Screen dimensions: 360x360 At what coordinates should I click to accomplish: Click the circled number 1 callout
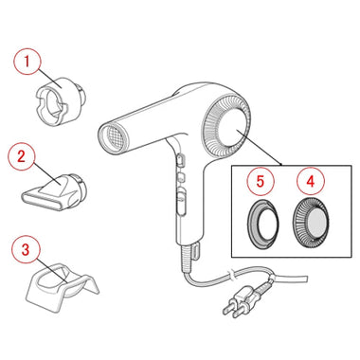click(x=27, y=61)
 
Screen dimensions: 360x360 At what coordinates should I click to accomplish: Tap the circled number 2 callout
click(x=22, y=156)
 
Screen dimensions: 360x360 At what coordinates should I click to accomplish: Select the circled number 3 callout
click(x=26, y=249)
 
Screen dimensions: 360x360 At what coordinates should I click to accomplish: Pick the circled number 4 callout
click(x=311, y=181)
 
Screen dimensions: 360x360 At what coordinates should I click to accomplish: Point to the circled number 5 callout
click(x=260, y=181)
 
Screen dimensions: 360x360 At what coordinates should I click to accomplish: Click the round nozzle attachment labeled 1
click(x=61, y=99)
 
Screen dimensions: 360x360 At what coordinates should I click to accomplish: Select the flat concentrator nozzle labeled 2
click(x=54, y=191)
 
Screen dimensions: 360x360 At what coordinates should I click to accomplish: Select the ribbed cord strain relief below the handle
click(x=187, y=258)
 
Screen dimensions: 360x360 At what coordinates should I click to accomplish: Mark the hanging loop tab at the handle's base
click(x=196, y=249)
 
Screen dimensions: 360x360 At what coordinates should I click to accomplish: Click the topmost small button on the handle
click(x=181, y=159)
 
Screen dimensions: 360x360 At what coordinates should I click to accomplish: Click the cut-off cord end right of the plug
click(x=306, y=279)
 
